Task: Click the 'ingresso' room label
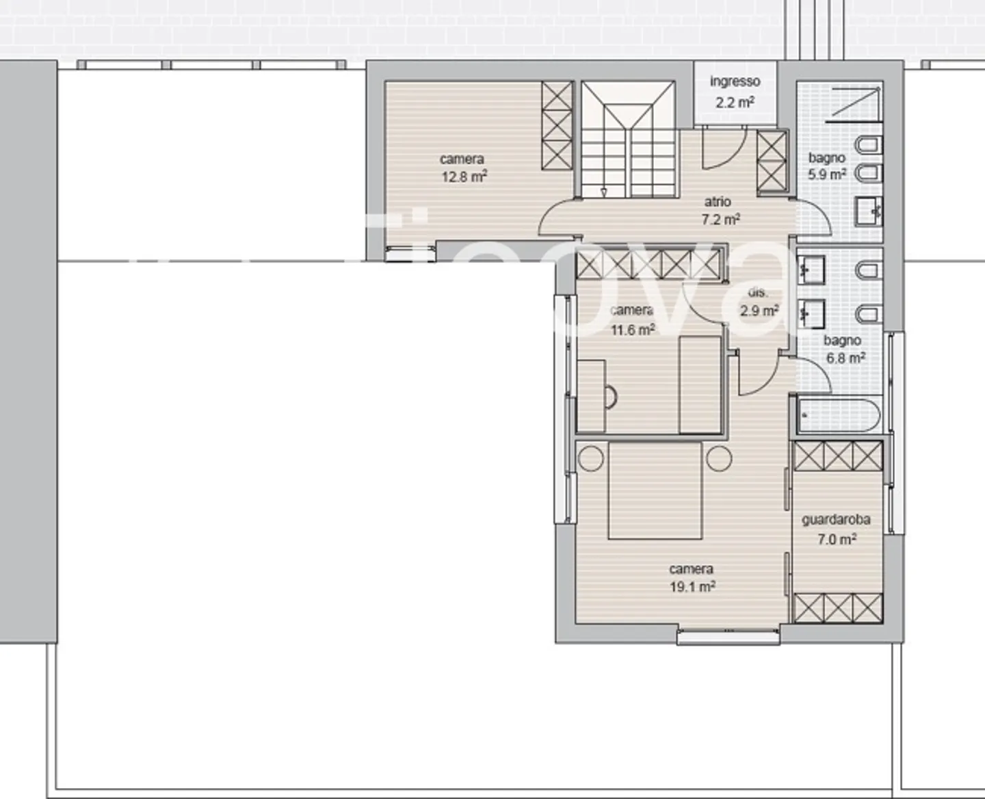[x=735, y=81]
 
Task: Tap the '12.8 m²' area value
[x=464, y=177]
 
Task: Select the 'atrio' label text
[x=718, y=202]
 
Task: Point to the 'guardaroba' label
[x=836, y=520]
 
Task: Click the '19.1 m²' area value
[x=692, y=587]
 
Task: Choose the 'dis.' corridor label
[x=758, y=292]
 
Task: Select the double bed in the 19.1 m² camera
[x=655, y=490]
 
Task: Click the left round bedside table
[x=592, y=458]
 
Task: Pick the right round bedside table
[x=719, y=458]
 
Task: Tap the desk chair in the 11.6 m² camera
[x=609, y=397]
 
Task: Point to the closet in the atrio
[x=772, y=161]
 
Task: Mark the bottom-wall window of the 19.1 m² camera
[x=728, y=637]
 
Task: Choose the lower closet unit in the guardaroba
[x=837, y=607]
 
